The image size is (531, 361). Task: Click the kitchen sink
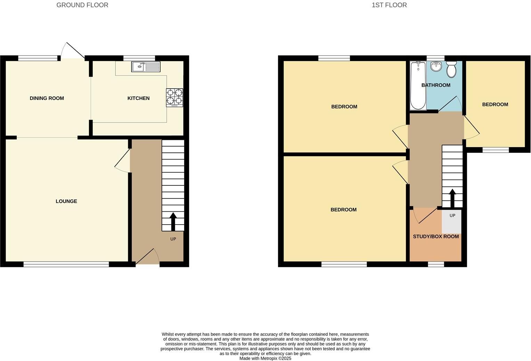[x=146, y=67]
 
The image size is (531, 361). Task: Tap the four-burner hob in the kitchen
[x=174, y=98]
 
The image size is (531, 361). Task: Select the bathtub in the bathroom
[x=418, y=85]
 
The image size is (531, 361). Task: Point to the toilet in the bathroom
[x=451, y=69]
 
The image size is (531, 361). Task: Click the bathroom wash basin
[x=436, y=66]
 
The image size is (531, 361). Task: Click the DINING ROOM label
[x=47, y=98]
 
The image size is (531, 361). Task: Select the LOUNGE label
[x=66, y=201]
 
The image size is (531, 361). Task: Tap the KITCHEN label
[x=138, y=98]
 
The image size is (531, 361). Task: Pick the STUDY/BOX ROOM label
[x=436, y=236]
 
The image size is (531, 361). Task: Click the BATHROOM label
[x=436, y=85]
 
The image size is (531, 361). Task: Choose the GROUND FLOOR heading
[x=82, y=5]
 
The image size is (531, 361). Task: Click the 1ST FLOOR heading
[x=389, y=5]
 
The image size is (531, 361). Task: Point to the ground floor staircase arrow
[x=173, y=221]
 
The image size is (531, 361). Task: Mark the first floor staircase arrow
[x=452, y=198]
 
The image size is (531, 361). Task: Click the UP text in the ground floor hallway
[x=173, y=239]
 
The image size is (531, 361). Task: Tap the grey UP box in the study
[x=451, y=221]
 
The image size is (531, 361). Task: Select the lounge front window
[x=66, y=265]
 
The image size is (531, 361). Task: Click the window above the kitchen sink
[x=139, y=58]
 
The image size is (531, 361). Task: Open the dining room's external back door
[x=73, y=50]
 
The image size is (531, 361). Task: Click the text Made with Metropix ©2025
[x=265, y=358]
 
